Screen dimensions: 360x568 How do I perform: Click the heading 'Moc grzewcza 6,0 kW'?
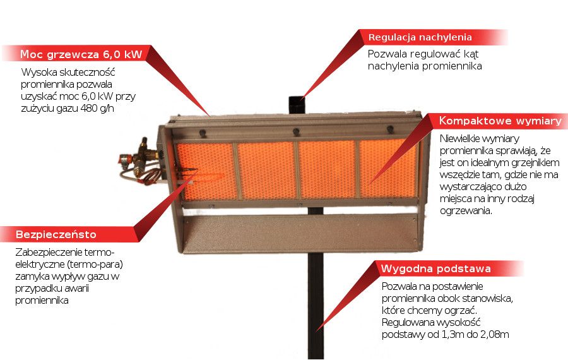pos(80,54)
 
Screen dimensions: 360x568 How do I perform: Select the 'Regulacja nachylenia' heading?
pos(420,37)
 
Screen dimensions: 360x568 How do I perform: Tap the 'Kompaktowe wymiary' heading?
pos(499,121)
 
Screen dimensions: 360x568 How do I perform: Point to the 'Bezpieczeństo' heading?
pos(56,234)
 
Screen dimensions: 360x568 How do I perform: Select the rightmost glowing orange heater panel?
pos(388,168)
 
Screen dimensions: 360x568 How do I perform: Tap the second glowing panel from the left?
pos(266,170)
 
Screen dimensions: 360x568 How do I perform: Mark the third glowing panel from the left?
pos(327,169)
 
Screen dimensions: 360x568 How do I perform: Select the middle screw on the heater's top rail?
pos(295,131)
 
